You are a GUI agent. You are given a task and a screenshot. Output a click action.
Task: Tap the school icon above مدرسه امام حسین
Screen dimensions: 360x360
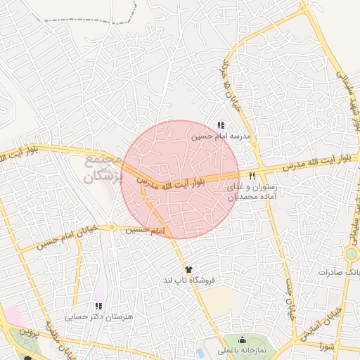click(x=221, y=125)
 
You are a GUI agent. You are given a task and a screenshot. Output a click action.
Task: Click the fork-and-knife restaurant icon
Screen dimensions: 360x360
click(x=252, y=176)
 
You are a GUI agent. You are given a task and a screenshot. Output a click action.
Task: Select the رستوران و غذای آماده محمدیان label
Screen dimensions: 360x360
click(x=252, y=193)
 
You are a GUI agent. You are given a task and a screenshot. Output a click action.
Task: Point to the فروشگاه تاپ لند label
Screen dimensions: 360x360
click(x=188, y=281)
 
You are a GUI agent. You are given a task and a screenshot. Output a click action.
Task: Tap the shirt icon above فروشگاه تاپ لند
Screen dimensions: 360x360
click(x=188, y=269)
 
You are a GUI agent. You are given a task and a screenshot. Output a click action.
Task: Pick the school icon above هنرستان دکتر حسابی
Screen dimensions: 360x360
click(x=98, y=306)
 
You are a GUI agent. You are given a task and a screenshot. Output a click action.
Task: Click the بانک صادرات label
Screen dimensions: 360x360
click(x=338, y=271)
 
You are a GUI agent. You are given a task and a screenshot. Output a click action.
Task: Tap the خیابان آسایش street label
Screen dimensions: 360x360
click(x=320, y=323)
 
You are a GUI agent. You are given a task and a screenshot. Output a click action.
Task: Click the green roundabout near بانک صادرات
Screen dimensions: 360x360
click(x=351, y=252)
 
